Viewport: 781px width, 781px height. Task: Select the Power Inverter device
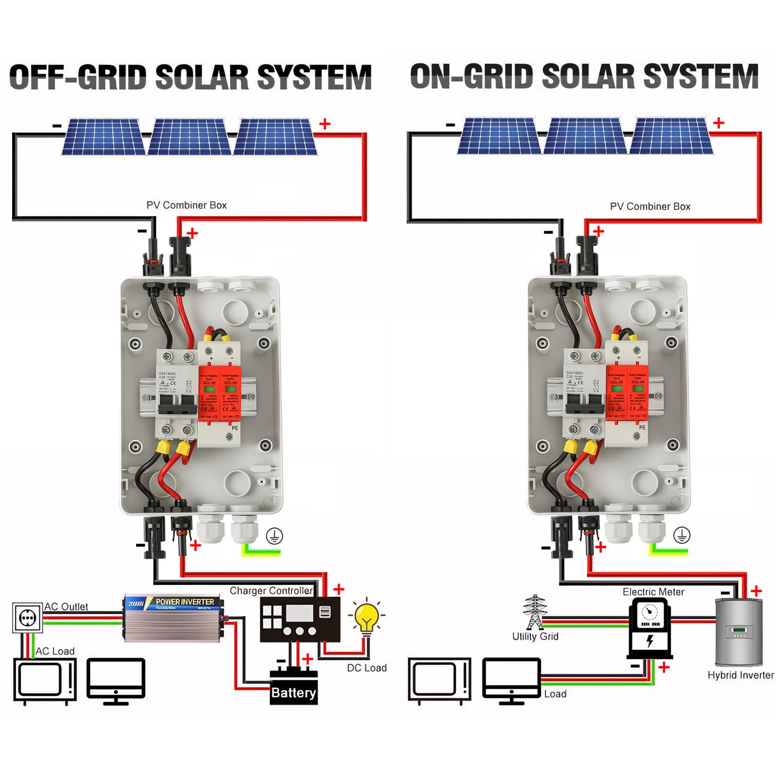pos(174,617)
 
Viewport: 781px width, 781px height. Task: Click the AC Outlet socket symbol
pos(27,618)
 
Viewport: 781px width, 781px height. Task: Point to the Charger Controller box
pos(300,619)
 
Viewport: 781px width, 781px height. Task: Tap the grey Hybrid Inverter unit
pos(738,632)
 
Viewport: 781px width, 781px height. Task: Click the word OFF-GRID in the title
pos(78,77)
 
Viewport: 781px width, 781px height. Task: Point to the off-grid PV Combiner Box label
pos(186,206)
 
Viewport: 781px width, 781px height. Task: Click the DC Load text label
pos(367,668)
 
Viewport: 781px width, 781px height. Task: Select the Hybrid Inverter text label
pos(740,675)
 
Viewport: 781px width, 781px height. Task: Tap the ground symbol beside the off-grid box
pos(274,536)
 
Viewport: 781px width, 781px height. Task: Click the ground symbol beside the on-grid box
pos(681,535)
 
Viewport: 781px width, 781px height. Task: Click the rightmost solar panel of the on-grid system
pos(671,136)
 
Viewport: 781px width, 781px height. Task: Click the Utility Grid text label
pos(535,637)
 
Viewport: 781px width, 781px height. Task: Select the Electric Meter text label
pos(653,592)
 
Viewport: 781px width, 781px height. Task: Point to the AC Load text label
pos(55,651)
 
